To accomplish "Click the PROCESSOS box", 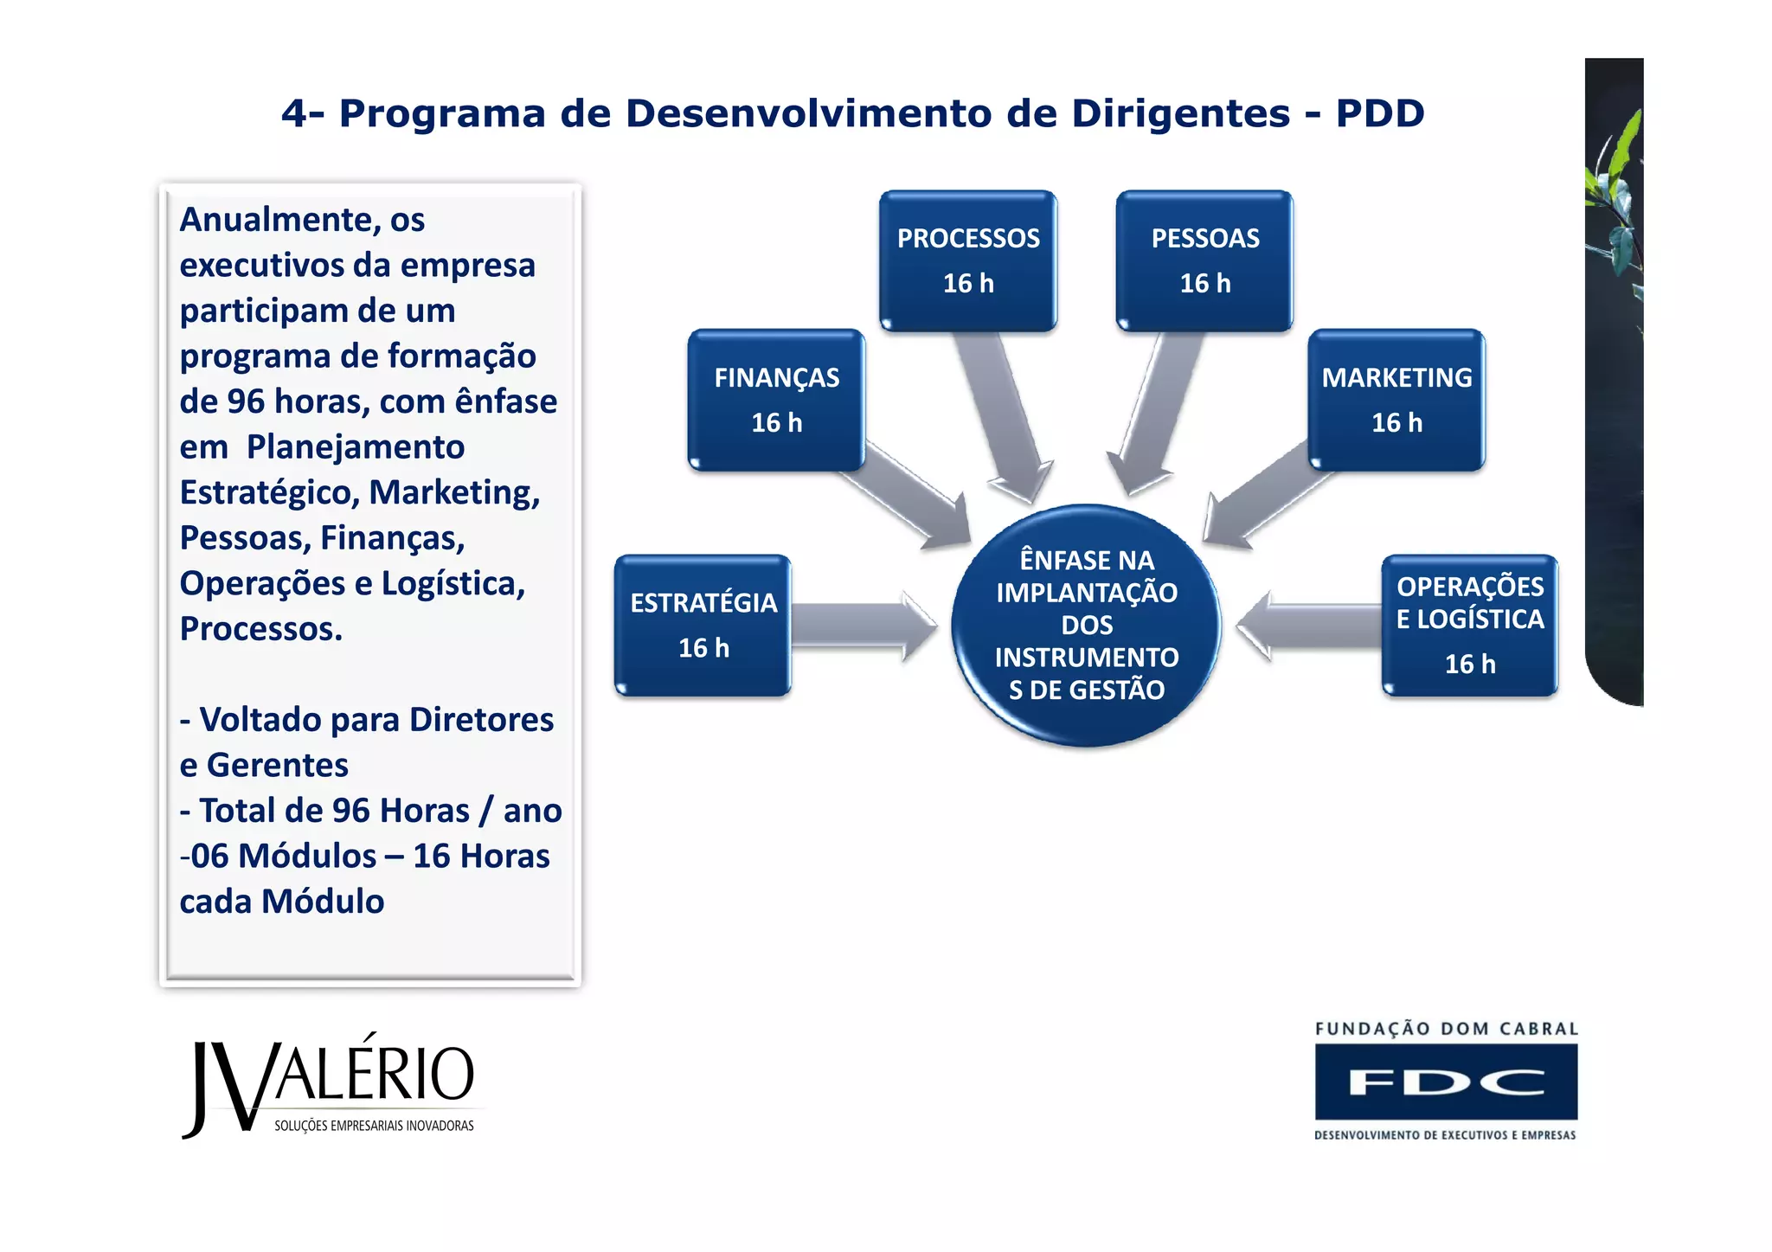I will point(968,260).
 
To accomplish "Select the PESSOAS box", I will point(1204,260).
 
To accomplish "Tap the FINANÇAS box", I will point(776,400).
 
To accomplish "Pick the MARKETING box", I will point(1396,400).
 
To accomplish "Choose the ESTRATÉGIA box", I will point(703,625).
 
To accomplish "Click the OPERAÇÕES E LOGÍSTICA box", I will point(1469,625).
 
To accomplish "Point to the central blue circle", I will point(1086,625).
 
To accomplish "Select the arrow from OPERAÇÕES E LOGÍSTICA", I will point(1307,626).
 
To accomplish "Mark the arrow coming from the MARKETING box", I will point(1263,502).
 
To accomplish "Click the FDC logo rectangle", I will point(1446,1082).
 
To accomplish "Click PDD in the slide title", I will point(1379,113).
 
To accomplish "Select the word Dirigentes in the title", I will point(1180,113).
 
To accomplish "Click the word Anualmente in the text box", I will point(277,220).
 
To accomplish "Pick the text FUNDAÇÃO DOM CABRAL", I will point(1446,1029).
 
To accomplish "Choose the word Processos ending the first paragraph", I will point(260,629).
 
